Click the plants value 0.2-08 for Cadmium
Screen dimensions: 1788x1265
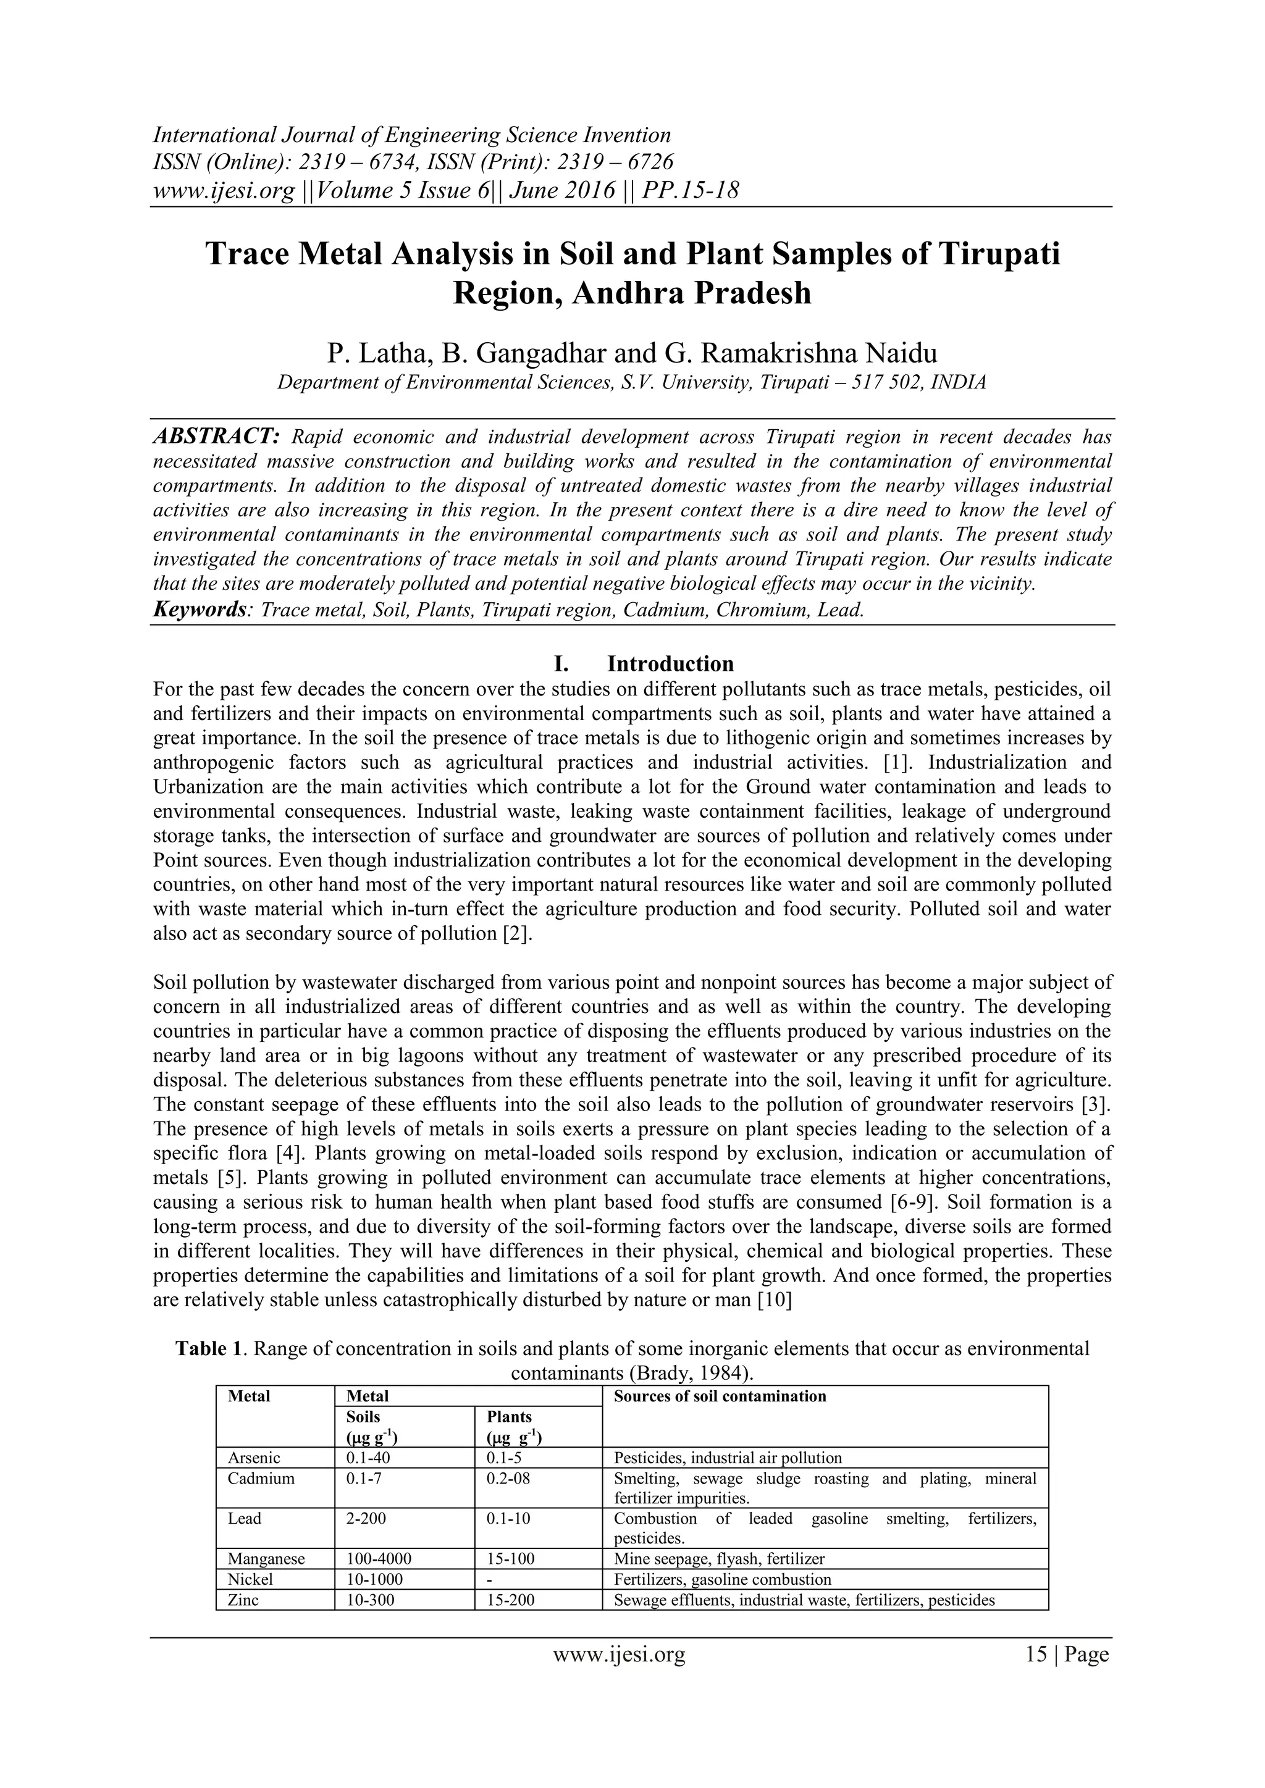(x=508, y=1478)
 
